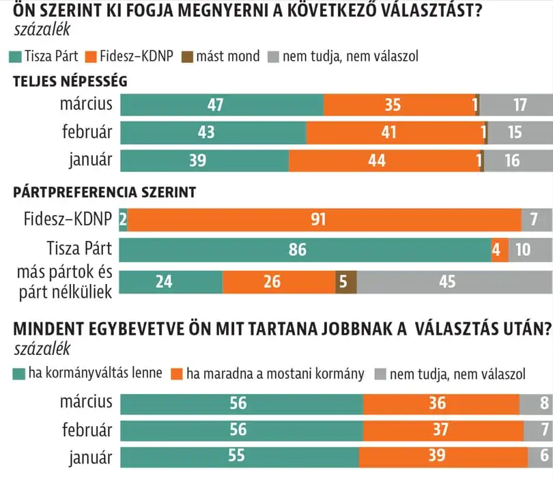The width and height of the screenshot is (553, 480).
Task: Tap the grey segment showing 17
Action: pyautogui.click(x=516, y=105)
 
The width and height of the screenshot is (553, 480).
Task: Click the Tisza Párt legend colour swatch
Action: pyautogui.click(x=16, y=56)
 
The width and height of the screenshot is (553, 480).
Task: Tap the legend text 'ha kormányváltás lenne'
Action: pyautogui.click(x=94, y=373)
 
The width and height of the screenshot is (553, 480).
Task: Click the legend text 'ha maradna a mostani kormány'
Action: pyautogui.click(x=276, y=373)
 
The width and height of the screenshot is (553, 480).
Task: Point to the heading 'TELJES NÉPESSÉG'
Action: pyautogui.click(x=70, y=81)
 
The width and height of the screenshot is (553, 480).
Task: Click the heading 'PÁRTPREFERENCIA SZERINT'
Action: pyautogui.click(x=104, y=193)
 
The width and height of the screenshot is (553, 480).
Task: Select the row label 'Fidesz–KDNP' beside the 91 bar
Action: pyautogui.click(x=67, y=221)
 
